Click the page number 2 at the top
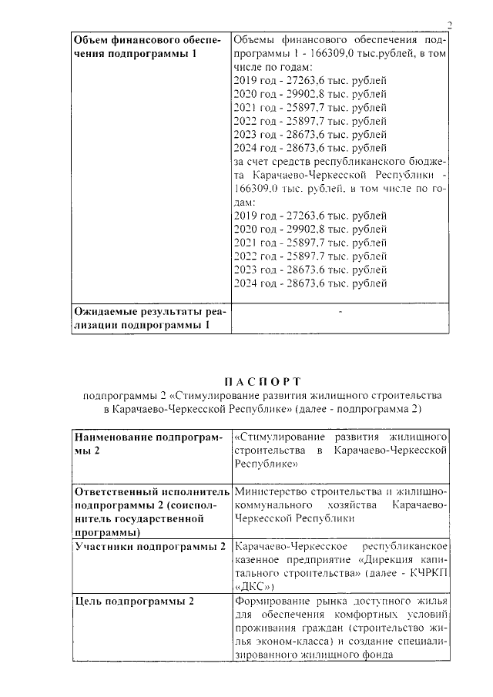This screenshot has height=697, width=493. point(449,25)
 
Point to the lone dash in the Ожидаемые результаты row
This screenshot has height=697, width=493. point(340,313)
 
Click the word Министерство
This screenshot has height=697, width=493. point(268,491)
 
